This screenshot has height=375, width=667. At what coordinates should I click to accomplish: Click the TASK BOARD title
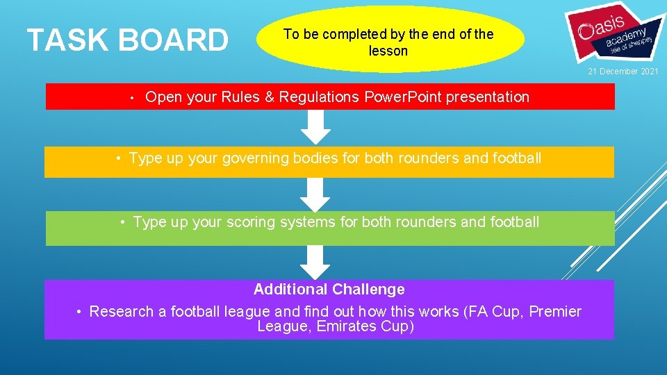[x=127, y=40]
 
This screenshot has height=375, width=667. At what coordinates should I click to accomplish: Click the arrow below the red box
[x=316, y=127]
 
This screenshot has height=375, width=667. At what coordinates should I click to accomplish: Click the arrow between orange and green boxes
[x=316, y=195]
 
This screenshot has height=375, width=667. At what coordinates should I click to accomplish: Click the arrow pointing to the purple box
[x=316, y=262]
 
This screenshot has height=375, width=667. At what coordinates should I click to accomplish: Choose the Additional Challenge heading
[x=329, y=289]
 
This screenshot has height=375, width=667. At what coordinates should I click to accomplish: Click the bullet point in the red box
[x=131, y=98]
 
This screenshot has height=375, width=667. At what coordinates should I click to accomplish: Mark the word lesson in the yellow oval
[x=388, y=51]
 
